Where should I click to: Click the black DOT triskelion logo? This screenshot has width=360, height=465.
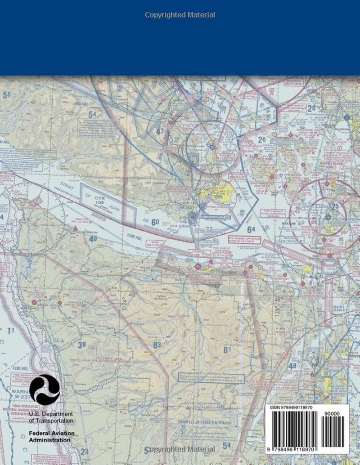[45, 389]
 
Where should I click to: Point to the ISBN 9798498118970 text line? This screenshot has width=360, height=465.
[292, 407]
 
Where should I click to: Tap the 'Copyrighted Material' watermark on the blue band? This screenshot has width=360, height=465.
[180, 15]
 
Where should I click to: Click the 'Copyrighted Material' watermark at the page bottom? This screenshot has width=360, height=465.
[180, 449]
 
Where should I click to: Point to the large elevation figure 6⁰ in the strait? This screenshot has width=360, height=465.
[155, 222]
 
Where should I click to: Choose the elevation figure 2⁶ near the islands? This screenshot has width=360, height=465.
[262, 140]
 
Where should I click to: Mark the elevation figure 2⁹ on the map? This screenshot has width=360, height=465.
[311, 108]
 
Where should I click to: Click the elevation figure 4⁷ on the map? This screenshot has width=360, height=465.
[160, 131]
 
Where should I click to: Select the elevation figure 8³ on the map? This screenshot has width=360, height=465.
[157, 345]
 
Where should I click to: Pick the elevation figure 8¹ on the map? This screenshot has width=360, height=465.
[227, 349]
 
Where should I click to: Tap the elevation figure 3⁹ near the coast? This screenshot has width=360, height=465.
[81, 345]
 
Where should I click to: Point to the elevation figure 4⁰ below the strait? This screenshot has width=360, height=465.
[93, 239]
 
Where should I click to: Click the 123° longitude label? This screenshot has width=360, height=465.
[277, 311]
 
